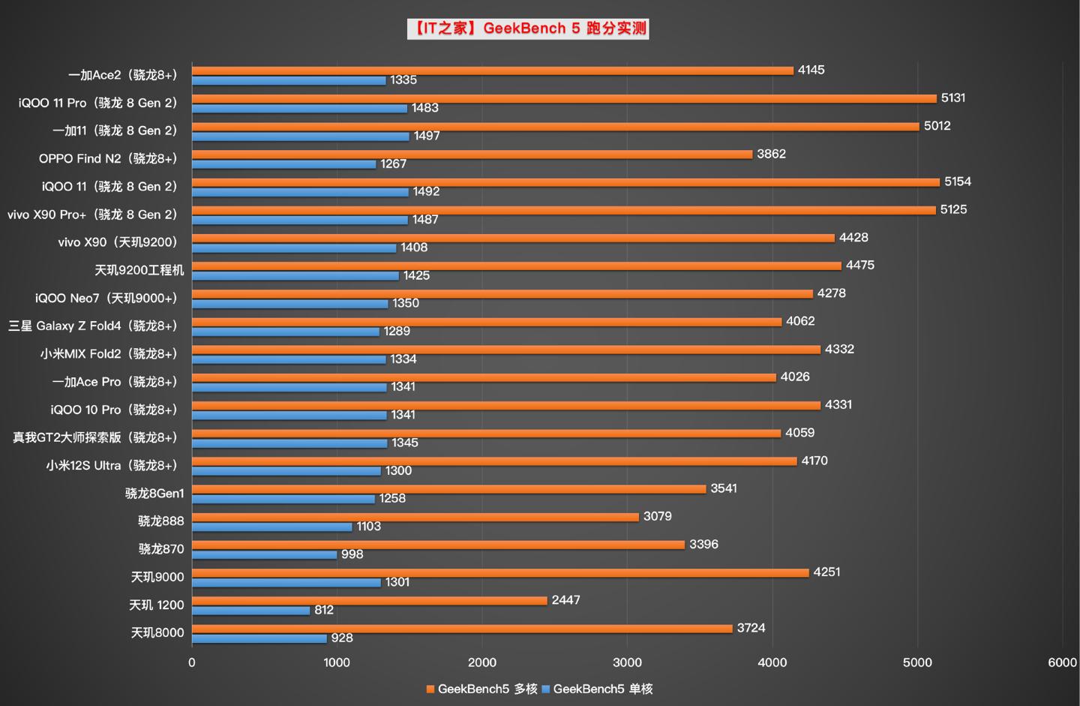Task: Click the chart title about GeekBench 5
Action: (x=528, y=29)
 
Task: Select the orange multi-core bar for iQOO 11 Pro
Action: (x=564, y=98)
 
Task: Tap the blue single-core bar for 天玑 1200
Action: (x=250, y=611)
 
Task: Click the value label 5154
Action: (x=957, y=182)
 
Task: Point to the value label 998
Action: (x=352, y=554)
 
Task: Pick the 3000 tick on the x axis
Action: (x=627, y=662)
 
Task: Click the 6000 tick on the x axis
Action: (x=1062, y=662)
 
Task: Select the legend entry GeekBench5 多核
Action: (x=481, y=689)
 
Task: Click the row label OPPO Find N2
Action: (x=108, y=158)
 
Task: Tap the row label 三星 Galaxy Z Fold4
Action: (x=93, y=326)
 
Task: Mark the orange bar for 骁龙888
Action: (x=415, y=517)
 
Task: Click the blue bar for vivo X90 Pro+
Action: (x=299, y=220)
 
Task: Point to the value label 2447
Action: (x=565, y=600)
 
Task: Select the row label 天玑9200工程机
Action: (x=139, y=270)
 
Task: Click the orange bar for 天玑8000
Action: (x=462, y=629)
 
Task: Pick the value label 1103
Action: (x=368, y=527)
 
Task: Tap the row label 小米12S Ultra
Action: (x=112, y=465)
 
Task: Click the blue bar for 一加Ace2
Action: (x=289, y=80)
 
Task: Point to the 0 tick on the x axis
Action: (x=192, y=662)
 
